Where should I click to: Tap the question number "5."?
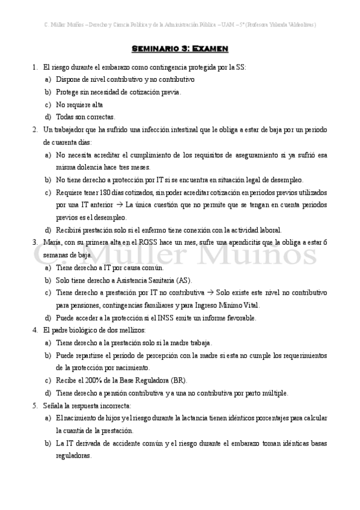tap(35, 406)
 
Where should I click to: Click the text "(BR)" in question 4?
tap(178, 381)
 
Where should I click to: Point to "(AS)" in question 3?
tap(183, 280)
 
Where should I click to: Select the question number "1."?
tap(35, 67)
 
